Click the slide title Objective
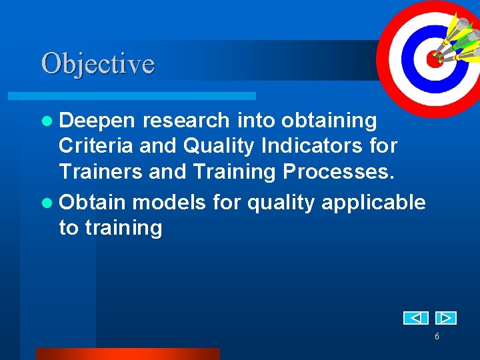tap(98, 64)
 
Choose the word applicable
tap(373, 202)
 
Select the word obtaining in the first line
tap(329, 121)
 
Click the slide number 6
tap(437, 337)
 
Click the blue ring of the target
tap(413, 73)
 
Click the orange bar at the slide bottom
tap(127, 354)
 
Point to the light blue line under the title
tap(147, 97)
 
